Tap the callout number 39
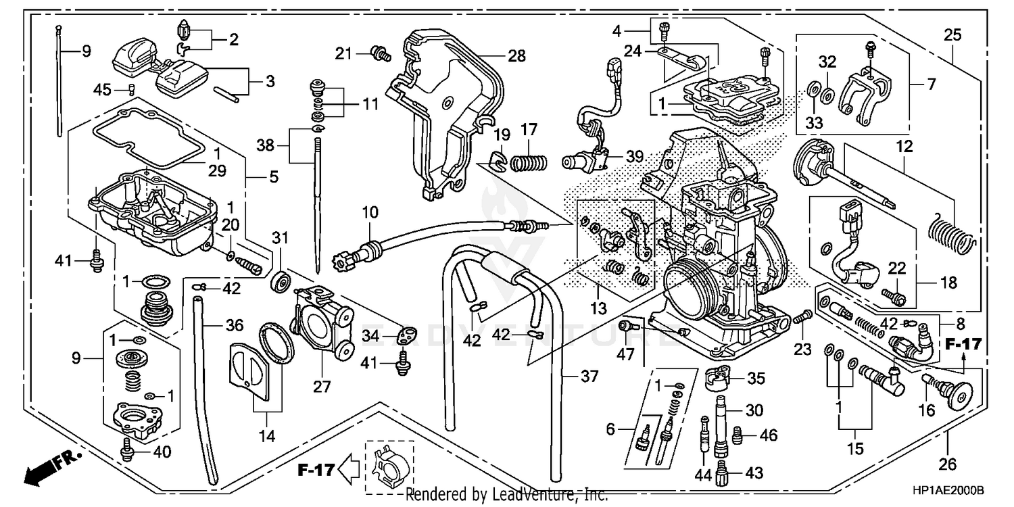(634, 156)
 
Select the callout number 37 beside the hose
(589, 377)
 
